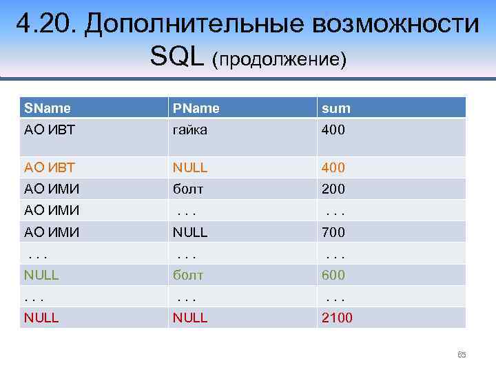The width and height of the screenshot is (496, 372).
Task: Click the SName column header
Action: pyautogui.click(x=48, y=108)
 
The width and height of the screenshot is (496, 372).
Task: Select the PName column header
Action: pyautogui.click(x=196, y=108)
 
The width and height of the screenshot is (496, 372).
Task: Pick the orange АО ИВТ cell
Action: pyautogui.click(x=50, y=167)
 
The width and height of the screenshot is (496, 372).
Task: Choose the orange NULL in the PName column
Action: pyautogui.click(x=191, y=167)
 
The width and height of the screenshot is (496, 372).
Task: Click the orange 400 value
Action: pyautogui.click(x=333, y=167)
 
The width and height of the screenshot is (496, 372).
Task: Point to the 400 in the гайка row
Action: pyautogui.click(x=333, y=130)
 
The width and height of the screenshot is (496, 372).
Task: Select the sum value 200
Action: pyautogui.click(x=333, y=189)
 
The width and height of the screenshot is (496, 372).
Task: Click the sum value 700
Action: pyautogui.click(x=333, y=232)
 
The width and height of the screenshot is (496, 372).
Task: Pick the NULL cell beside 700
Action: pyautogui.click(x=191, y=232)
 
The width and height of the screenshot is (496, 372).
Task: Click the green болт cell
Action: pyautogui.click(x=188, y=275)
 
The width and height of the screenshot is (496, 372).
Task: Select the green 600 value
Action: pyautogui.click(x=333, y=275)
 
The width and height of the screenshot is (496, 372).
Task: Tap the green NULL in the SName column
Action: pyautogui.click(x=41, y=275)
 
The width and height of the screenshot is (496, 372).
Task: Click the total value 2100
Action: pyautogui.click(x=336, y=318)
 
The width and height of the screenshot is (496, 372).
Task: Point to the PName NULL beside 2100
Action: pyautogui.click(x=191, y=318)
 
